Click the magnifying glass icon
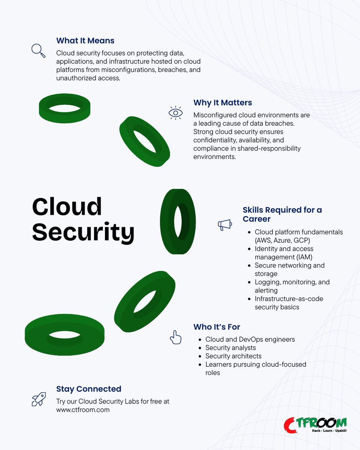point(38,50)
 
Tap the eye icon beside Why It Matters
point(175,113)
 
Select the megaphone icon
point(225,225)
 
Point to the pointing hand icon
point(175,337)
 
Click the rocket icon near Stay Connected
point(39,399)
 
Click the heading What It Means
point(85,40)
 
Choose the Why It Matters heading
point(222,102)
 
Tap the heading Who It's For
point(217,327)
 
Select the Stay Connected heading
point(88,389)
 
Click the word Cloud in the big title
point(67,207)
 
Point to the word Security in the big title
point(83,232)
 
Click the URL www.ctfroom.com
point(83,409)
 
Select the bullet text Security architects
point(233,356)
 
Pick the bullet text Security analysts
point(231,348)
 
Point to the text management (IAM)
point(283,257)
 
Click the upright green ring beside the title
point(178,221)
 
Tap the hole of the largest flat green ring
point(64,334)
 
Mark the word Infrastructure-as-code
point(289,298)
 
